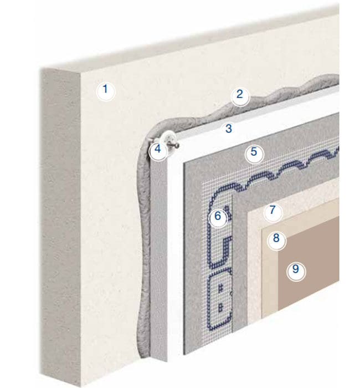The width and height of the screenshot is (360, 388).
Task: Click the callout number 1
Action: pos(106,91)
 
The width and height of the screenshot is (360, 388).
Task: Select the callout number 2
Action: pos(240,97)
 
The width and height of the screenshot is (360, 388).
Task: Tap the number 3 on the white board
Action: pos(229,129)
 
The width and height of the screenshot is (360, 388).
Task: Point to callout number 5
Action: pos(254,154)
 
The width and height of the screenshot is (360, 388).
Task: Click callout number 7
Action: pos(272,212)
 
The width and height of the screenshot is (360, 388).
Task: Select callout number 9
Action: pos(296,271)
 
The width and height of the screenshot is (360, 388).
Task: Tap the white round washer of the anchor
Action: pos(169,137)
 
